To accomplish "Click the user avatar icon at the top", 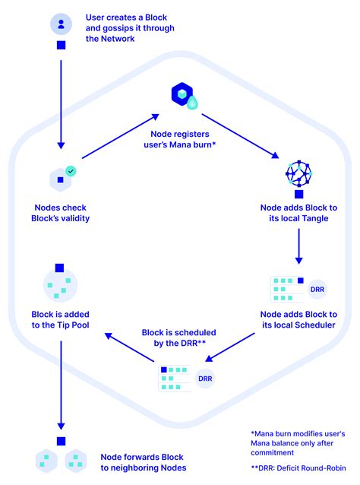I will click(60, 23).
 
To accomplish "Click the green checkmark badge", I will click(71, 173).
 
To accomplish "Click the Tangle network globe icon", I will click(298, 174).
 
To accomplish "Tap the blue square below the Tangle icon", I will click(298, 195).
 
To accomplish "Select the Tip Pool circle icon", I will click(60, 286).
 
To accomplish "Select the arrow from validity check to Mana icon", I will click(118, 137).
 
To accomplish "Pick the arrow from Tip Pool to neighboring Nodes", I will click(60, 388).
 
